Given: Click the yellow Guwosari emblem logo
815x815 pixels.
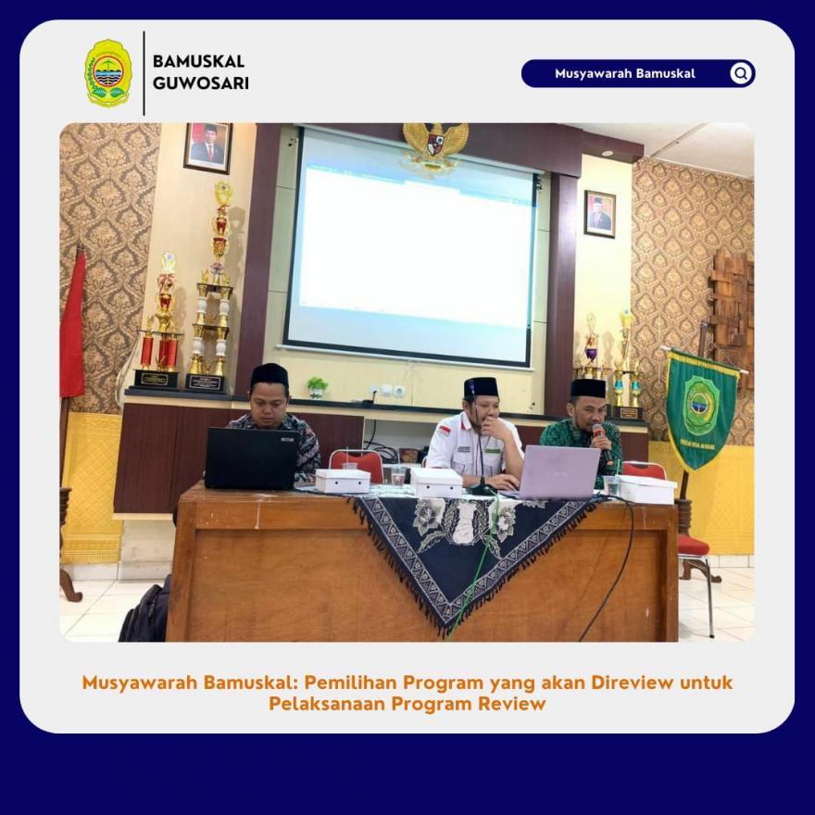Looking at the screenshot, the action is click(108, 73).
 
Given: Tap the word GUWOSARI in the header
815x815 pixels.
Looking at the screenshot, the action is click(201, 83).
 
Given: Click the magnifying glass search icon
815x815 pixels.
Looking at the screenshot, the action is click(741, 73).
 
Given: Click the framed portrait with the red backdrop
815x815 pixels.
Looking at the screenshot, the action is click(207, 147).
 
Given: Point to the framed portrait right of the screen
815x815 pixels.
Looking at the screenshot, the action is click(600, 214).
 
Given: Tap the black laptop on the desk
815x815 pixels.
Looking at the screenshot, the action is click(252, 458).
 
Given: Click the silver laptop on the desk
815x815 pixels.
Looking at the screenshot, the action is click(558, 472).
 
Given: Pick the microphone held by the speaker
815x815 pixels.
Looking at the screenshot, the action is click(603, 443).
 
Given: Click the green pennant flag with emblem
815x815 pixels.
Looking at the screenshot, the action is click(700, 409).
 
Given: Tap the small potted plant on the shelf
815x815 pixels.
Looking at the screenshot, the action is click(317, 388).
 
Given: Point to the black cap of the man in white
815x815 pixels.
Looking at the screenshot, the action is click(481, 388).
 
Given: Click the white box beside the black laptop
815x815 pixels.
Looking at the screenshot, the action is click(343, 481).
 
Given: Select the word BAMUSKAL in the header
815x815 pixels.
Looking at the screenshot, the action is click(198, 61).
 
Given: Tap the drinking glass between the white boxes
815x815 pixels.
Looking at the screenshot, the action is click(398, 476).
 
